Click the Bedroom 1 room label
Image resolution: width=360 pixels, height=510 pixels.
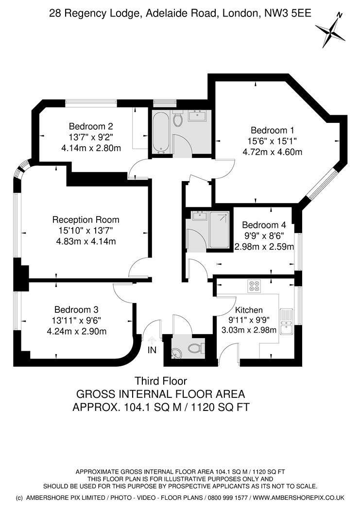tap(272, 131)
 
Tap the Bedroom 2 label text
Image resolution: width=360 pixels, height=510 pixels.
tap(91, 126)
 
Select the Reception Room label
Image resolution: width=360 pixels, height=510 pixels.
tap(86, 220)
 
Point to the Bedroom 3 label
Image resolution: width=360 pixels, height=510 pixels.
tap(76, 310)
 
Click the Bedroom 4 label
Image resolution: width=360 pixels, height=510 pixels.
tap(264, 225)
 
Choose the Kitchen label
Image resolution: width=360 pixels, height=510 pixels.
tap(249, 310)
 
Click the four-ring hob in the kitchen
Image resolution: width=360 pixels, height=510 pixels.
tap(254, 286)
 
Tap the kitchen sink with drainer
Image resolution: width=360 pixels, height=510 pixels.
tap(287, 322)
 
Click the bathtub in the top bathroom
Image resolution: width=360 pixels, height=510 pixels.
tap(161, 132)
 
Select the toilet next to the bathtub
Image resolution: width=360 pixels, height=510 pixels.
tap(177, 119)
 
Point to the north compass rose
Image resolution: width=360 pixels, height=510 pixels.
tap(331, 30)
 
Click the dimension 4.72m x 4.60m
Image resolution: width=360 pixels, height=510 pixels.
tap(273, 152)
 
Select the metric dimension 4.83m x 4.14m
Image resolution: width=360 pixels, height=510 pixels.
tap(86, 241)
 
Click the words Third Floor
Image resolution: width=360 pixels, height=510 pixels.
tap(161, 380)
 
